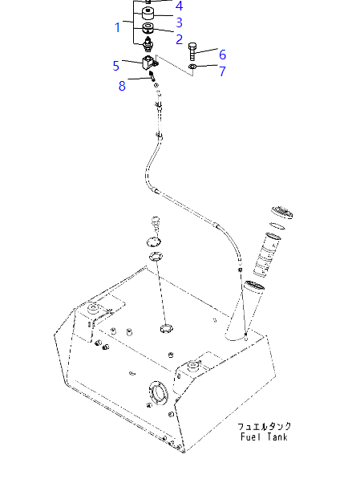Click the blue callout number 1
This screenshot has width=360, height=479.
(118, 27)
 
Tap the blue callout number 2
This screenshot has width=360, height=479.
(180, 39)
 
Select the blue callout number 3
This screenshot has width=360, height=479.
(180, 22)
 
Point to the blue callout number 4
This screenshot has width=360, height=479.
(180, 6)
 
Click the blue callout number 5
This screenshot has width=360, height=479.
(116, 66)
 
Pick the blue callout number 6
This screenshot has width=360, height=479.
(223, 55)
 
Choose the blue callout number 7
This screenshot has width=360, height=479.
(223, 71)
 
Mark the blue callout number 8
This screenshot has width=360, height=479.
(122, 86)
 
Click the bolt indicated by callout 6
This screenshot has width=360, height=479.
(192, 51)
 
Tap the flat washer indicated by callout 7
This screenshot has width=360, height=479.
(192, 67)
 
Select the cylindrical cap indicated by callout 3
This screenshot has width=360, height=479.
(148, 14)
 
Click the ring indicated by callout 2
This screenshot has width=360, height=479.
(148, 28)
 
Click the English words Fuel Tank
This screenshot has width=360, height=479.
(264, 436)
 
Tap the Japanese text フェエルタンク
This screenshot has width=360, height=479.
(265, 426)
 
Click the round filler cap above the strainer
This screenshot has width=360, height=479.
(282, 213)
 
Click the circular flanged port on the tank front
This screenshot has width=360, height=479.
(158, 392)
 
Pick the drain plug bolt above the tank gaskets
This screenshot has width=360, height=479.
(156, 224)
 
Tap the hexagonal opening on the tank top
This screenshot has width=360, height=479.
(167, 329)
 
